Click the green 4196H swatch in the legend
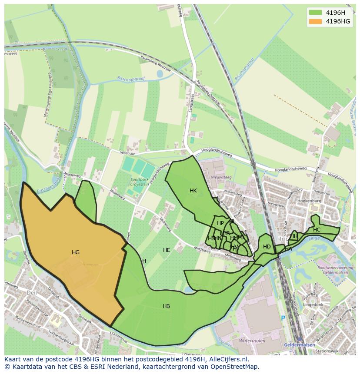(x=316, y=13)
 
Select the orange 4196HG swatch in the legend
(x=316, y=21)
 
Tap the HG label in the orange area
(x=76, y=252)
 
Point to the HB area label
(x=166, y=306)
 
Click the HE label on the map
(x=167, y=250)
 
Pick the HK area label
(x=193, y=191)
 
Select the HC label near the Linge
(x=317, y=230)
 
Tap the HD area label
(x=267, y=247)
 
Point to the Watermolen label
(x=252, y=341)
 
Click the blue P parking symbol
(x=283, y=318)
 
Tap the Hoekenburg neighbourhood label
(x=309, y=202)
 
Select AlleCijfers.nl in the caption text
(x=227, y=359)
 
